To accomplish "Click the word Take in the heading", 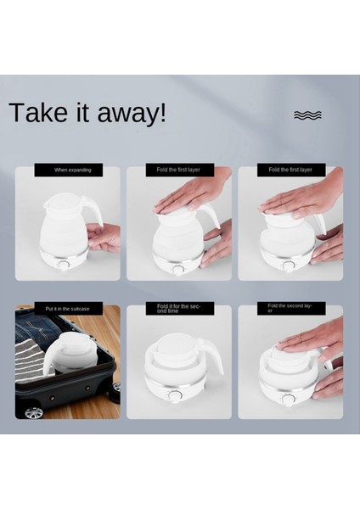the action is (37, 112).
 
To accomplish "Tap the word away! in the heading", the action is (132, 114).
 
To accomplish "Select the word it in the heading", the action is (82, 112).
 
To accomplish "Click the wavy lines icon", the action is (307, 115).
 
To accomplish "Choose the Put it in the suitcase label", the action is (69, 309).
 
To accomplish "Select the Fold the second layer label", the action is (291, 309).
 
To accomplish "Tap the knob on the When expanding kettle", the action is (64, 266).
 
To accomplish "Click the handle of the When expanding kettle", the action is (97, 210).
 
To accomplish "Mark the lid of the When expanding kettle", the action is (65, 199).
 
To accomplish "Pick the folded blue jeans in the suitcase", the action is (36, 328).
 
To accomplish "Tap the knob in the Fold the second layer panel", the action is (288, 399).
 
